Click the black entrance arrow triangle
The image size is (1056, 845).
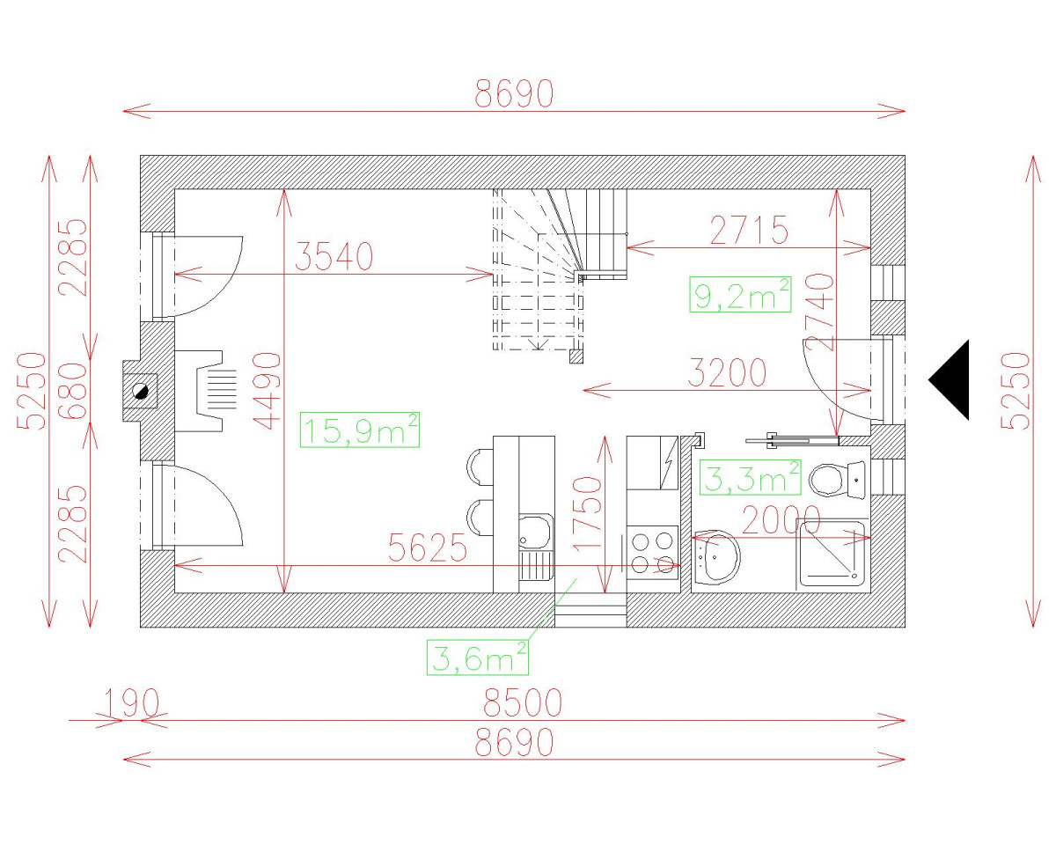click(953, 379)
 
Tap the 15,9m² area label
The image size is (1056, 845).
click(359, 430)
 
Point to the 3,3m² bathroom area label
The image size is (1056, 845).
click(751, 478)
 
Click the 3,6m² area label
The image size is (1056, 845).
click(478, 657)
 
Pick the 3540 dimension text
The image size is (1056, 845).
click(334, 256)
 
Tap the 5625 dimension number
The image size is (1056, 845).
click(428, 549)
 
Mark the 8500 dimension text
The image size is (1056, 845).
click(522, 703)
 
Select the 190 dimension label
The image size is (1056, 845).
click(131, 703)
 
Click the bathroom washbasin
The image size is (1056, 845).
click(716, 557)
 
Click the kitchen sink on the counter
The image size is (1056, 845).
click(535, 533)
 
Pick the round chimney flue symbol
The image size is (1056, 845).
click(139, 391)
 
